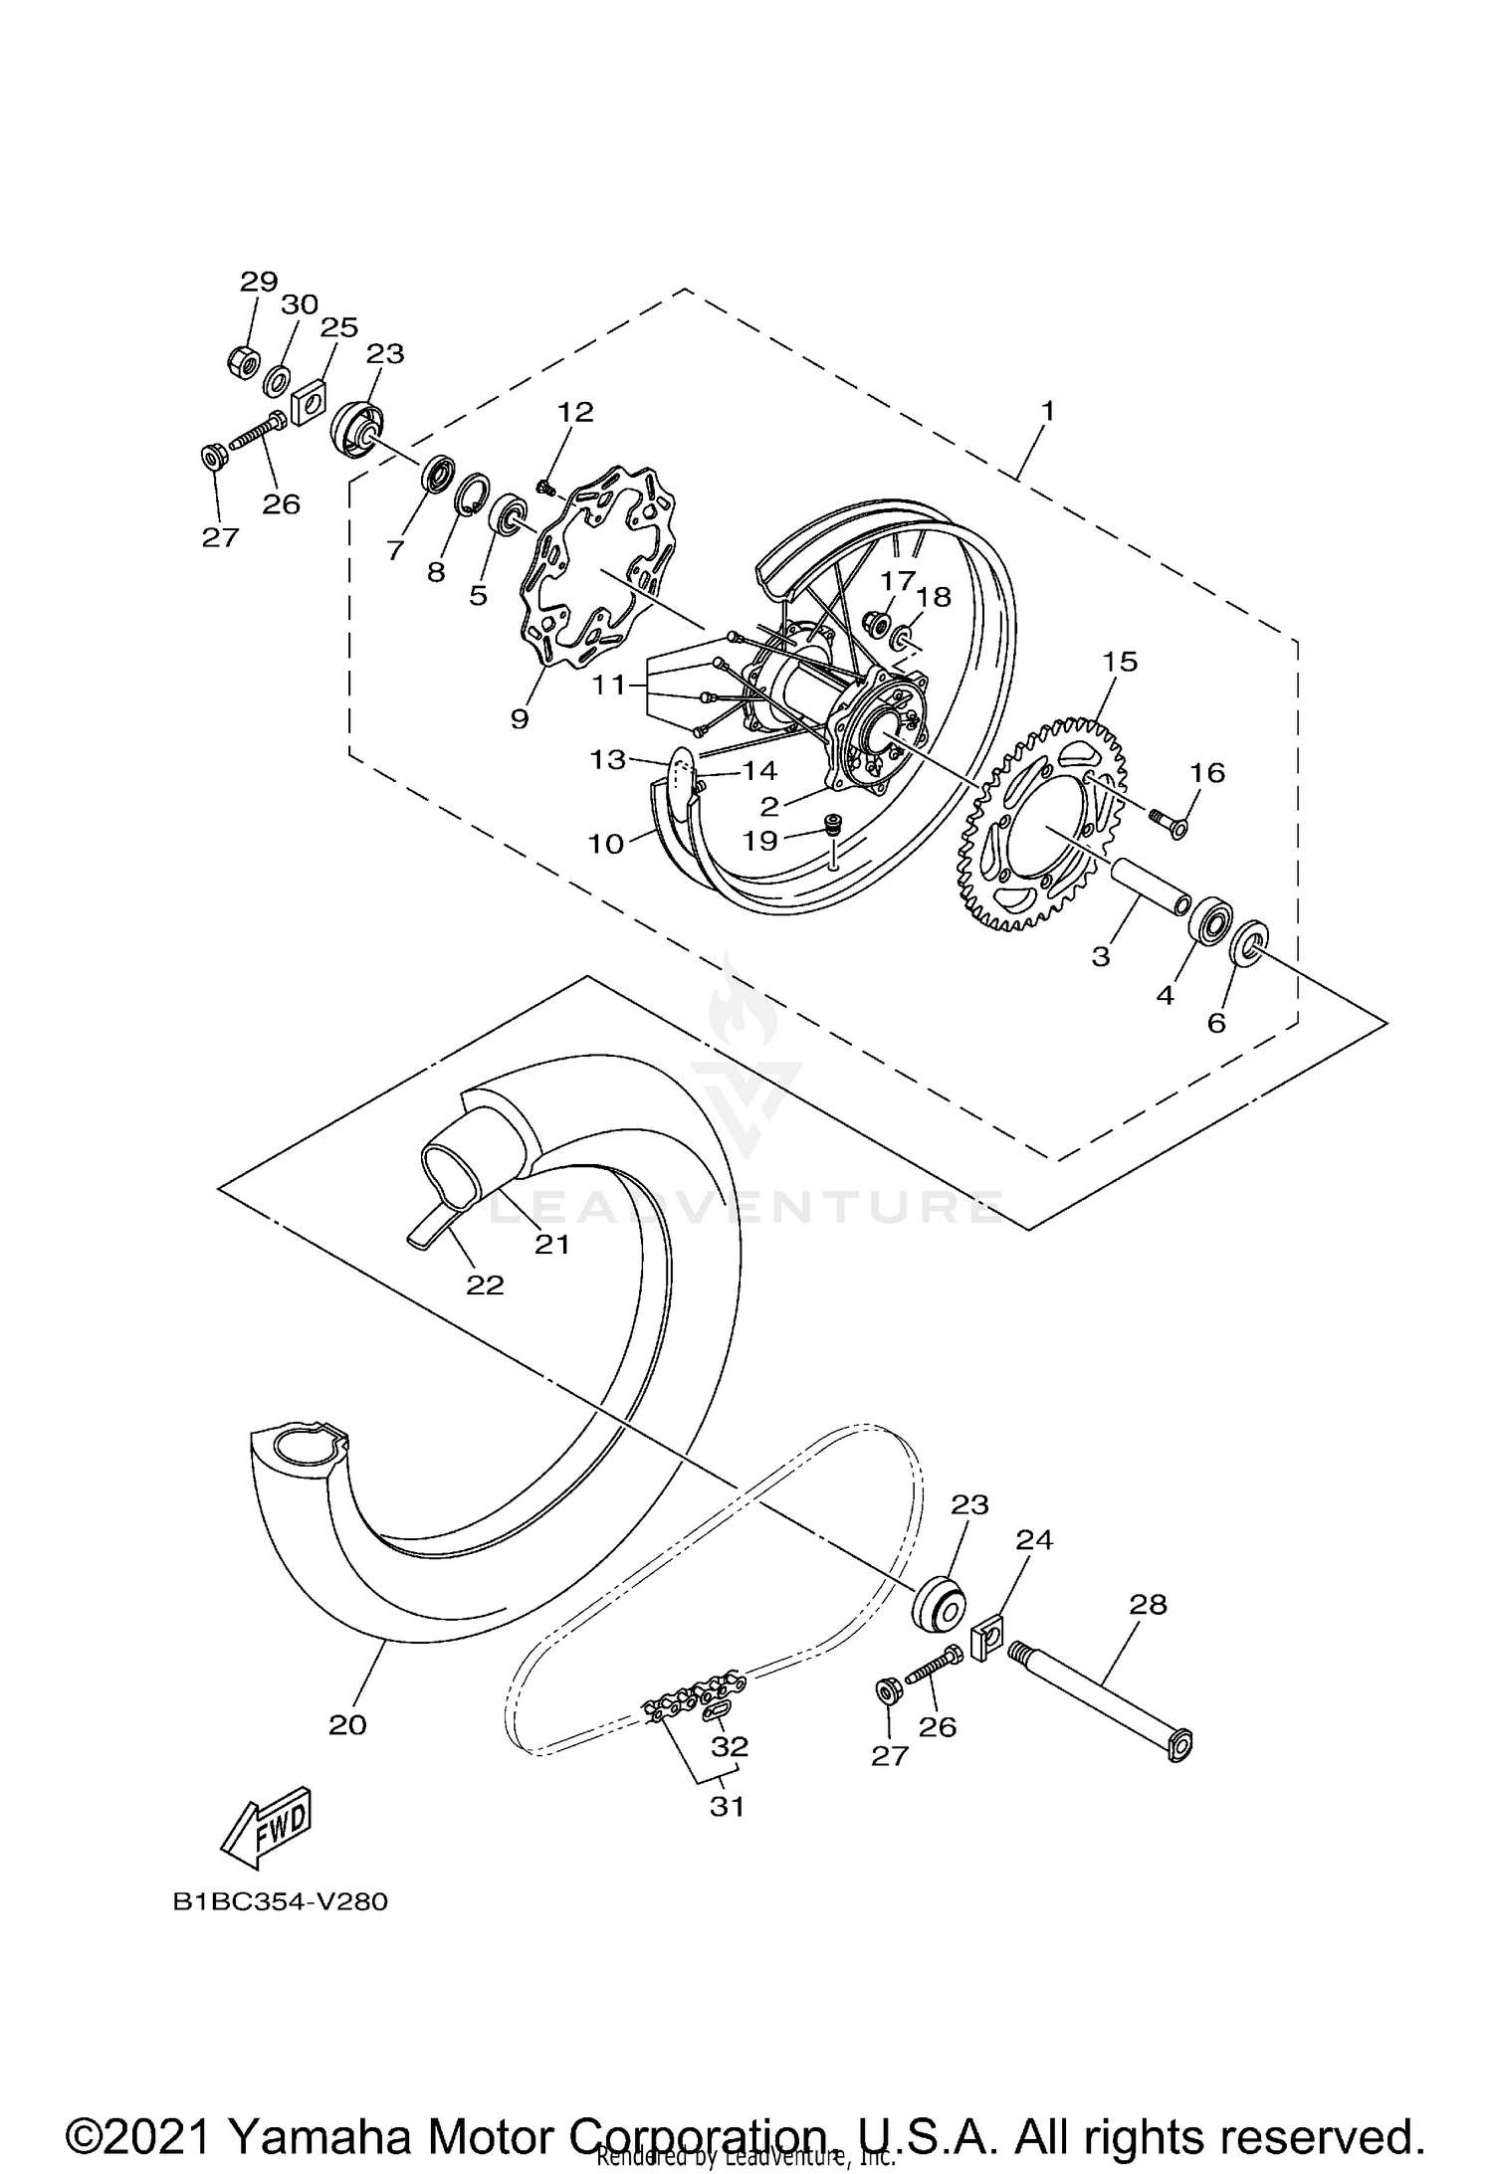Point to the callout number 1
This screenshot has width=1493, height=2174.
pos(1046,410)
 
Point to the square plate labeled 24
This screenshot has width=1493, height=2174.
pos(985,1640)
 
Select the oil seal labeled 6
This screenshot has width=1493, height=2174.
pos(1248,942)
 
